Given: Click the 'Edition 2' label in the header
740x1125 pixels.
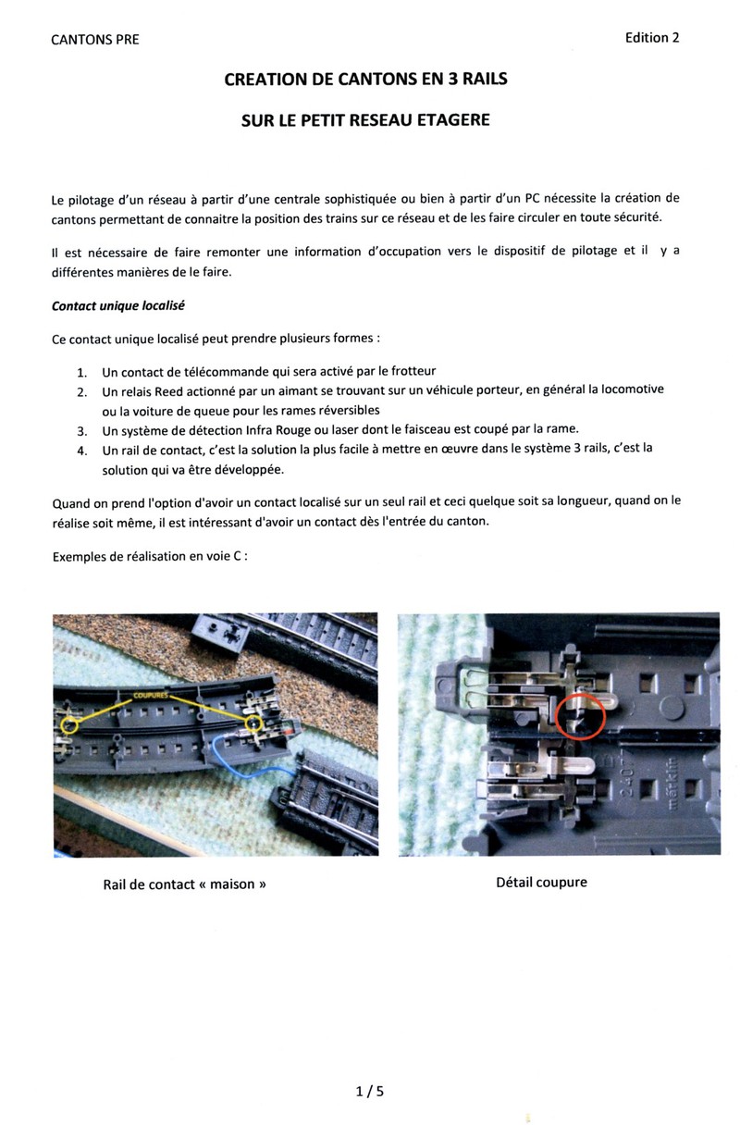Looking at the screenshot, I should (652, 38).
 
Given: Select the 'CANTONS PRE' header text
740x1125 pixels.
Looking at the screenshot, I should (95, 40).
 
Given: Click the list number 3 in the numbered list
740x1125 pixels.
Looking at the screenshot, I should (81, 431).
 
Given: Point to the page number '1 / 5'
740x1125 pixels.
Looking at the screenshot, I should (369, 1092).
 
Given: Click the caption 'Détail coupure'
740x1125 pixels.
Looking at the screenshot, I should (541, 883).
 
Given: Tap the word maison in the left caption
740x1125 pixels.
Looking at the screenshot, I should (231, 884).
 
